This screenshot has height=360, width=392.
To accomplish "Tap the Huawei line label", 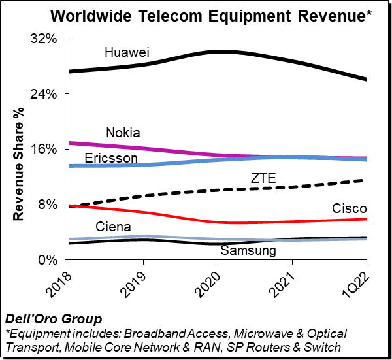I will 127,51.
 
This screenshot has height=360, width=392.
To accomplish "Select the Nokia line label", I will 123,133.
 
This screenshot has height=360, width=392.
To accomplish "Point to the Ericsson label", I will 111,159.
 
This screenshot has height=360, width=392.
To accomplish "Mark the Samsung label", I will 248,250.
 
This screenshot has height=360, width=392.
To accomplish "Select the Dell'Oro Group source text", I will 54,319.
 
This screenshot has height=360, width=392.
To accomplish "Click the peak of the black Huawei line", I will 221,51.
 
